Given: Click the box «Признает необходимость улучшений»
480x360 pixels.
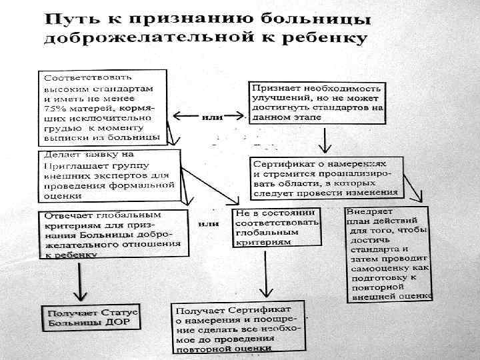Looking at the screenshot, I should (x=318, y=102).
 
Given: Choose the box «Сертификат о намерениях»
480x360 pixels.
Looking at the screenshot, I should (x=325, y=177).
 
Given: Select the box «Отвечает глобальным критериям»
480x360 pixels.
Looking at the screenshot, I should (x=113, y=239).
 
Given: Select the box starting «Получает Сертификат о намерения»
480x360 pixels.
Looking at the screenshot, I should (x=238, y=329).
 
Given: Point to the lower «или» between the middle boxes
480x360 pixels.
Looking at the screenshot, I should (x=209, y=224).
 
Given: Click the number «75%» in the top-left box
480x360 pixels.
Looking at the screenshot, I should (x=54, y=107).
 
